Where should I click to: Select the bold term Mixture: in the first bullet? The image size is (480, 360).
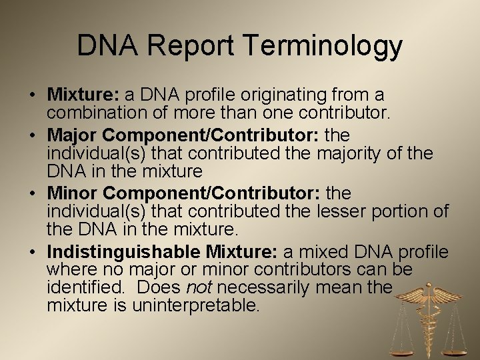pos(78,95)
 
